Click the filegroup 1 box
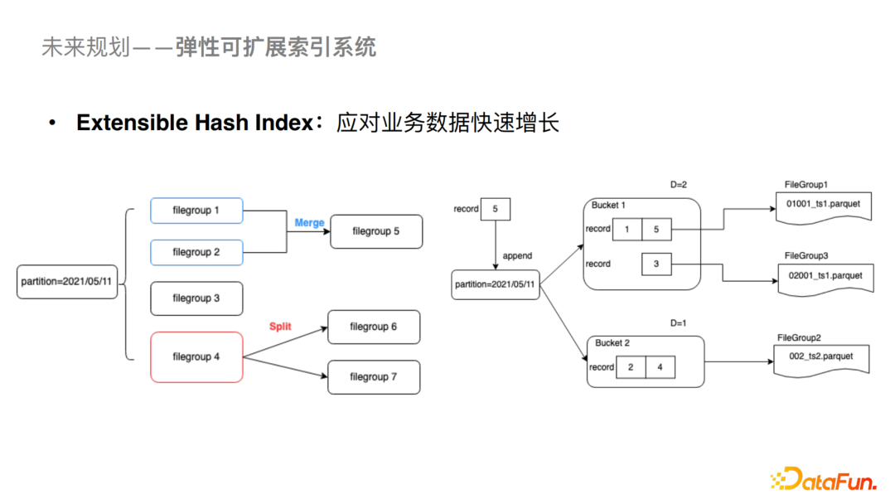coord(196,211)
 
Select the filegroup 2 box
coord(196,252)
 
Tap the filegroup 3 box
coord(196,298)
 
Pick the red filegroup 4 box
coord(196,357)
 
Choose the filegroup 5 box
coord(376,231)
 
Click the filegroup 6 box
coord(374,327)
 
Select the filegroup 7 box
coord(374,377)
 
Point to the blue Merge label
coord(309,223)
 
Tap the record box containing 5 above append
coord(496,209)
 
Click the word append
coord(517,255)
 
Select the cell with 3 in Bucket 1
coord(656,264)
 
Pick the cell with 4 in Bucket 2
coord(660,367)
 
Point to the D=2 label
coord(680,183)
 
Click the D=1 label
coord(680,322)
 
